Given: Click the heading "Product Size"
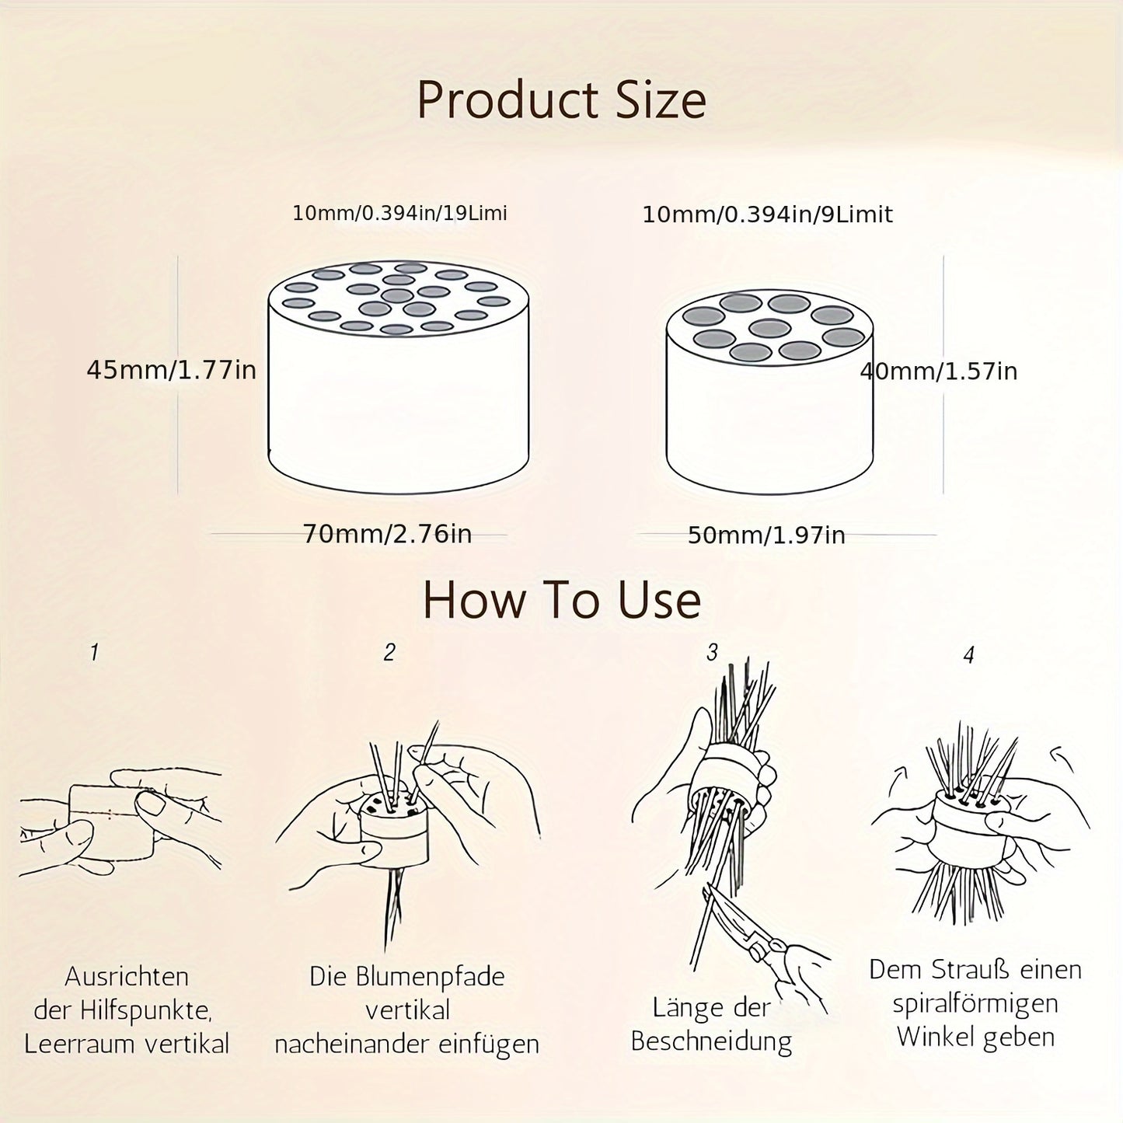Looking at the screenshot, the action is tap(562, 101).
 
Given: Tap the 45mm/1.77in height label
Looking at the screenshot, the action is tap(171, 370).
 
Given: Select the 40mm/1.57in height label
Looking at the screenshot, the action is tap(939, 371).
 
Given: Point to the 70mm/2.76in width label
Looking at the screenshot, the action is tap(388, 534).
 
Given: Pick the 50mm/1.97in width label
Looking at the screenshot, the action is tap(766, 535).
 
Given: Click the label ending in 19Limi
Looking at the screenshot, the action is tap(399, 213).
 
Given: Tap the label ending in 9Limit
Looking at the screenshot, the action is tap(768, 214).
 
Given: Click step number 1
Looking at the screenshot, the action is tap(94, 652).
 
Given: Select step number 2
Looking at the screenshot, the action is tap(389, 652).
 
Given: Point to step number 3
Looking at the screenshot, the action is tap(712, 653).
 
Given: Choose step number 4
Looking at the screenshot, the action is tap(968, 655).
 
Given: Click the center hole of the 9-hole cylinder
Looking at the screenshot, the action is tap(770, 328).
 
